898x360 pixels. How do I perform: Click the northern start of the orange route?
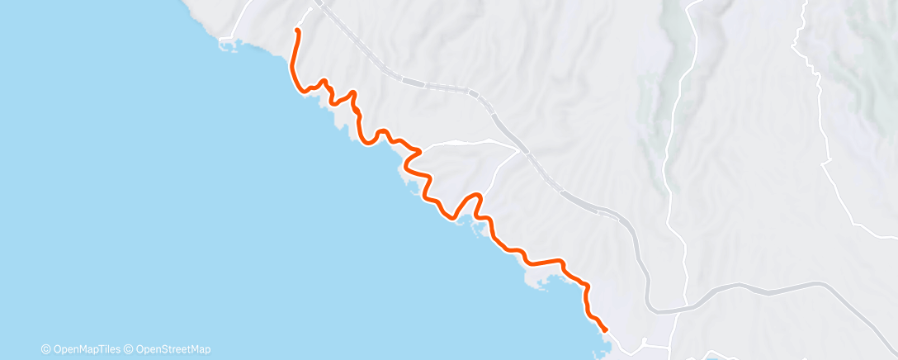296,31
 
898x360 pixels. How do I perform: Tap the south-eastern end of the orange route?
606,330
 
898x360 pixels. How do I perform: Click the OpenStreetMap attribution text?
174,348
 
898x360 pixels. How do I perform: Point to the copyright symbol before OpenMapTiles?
46,348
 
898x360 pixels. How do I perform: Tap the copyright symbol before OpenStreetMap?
130,348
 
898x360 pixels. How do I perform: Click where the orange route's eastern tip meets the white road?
421,150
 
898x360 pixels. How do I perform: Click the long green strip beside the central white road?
673,99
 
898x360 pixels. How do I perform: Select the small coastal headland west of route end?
541,285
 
